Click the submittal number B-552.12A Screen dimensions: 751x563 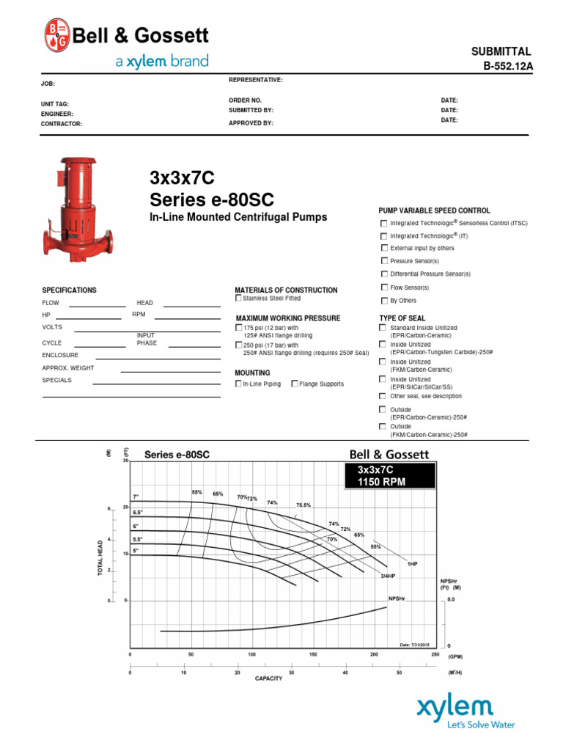pos(506,66)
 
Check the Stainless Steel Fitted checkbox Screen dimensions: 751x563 pos(238,298)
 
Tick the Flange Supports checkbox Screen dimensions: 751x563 pos(295,384)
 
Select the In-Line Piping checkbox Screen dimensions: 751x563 pos(238,384)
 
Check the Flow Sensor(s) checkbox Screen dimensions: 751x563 pos(383,287)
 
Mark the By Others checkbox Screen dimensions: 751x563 pos(383,301)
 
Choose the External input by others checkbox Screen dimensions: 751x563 pos(383,249)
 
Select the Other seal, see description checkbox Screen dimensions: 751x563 pos(382,396)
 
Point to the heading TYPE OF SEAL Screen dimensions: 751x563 pos(402,318)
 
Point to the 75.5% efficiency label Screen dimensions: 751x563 pos(303,505)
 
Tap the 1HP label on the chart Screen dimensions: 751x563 pos(412,564)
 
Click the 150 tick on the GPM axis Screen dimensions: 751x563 pos(313,653)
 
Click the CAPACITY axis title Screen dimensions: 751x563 pos(269,678)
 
